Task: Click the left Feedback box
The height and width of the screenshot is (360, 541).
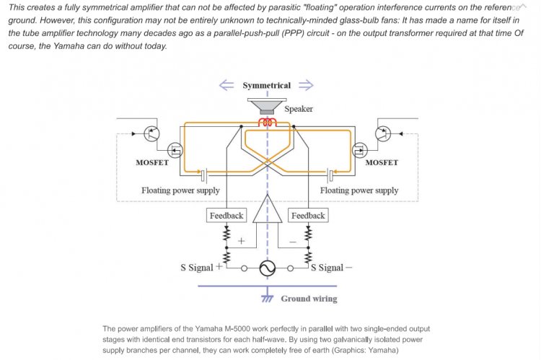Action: point(226,216)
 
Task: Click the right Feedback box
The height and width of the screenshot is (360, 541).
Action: point(308,216)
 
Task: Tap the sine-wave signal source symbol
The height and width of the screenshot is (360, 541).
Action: point(268,268)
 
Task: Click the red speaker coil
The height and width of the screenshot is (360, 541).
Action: point(268,122)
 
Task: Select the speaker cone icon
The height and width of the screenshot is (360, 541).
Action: point(267,106)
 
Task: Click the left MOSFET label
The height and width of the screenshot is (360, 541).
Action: point(152,162)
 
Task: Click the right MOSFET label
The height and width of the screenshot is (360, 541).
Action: point(382,162)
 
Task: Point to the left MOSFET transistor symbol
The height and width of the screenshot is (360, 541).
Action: point(175,150)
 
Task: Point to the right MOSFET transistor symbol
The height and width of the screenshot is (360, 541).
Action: point(360,150)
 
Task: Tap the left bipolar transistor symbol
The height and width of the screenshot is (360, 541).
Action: point(151,133)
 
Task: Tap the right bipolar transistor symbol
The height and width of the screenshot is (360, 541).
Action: point(383,133)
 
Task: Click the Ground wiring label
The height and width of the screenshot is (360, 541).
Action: point(309,299)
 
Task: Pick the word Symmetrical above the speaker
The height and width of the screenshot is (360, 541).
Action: point(267,85)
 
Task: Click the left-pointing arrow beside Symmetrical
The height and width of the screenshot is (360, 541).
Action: point(226,85)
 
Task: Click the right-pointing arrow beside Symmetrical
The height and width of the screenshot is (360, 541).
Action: point(306,85)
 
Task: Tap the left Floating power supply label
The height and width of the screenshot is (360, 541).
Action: point(180,190)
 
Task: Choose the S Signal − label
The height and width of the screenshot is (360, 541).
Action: point(331,268)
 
